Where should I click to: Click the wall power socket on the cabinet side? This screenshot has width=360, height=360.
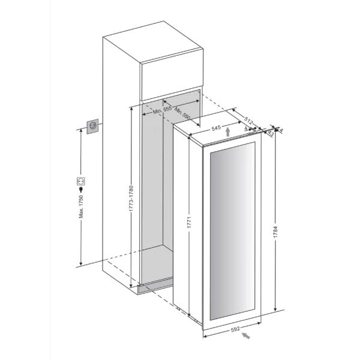[x=93, y=126]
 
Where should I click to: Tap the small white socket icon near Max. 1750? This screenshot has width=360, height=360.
[x=81, y=180]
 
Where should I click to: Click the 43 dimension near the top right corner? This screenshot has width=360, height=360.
[x=270, y=134]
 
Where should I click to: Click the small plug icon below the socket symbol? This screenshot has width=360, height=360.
[x=81, y=190]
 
